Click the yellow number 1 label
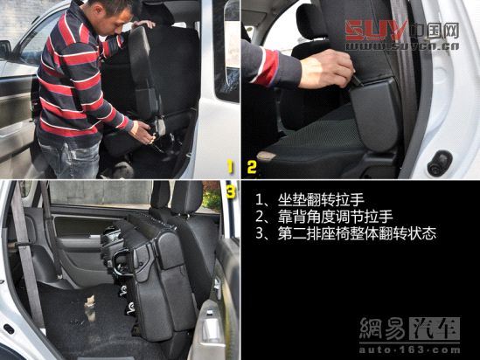tap(230, 164)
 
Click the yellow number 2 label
tap(252, 164)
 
